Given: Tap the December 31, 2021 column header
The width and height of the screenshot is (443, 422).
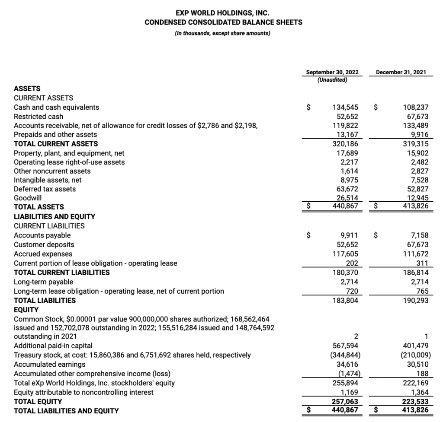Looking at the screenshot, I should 401,72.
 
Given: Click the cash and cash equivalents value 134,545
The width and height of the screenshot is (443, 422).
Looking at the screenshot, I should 345,107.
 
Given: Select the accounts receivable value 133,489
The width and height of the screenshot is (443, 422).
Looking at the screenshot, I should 415,125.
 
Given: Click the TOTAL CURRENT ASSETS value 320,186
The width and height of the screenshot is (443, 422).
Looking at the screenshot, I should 345,144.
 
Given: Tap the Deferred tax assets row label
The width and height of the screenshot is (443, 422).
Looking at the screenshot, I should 45,189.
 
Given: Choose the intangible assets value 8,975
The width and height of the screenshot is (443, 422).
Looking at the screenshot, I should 348,180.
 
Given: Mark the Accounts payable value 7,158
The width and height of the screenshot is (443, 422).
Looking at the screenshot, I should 418,235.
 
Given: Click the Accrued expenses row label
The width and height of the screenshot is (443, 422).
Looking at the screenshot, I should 43,254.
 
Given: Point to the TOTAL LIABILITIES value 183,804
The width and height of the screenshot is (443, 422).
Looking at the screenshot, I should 345,300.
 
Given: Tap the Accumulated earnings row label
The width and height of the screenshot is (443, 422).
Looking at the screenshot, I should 50,364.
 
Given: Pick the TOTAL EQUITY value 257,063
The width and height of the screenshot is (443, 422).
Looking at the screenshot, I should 345,401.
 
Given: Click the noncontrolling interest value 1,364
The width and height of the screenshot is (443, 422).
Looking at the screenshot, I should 418,392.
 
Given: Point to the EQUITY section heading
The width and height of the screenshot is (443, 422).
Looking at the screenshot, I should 26,310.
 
